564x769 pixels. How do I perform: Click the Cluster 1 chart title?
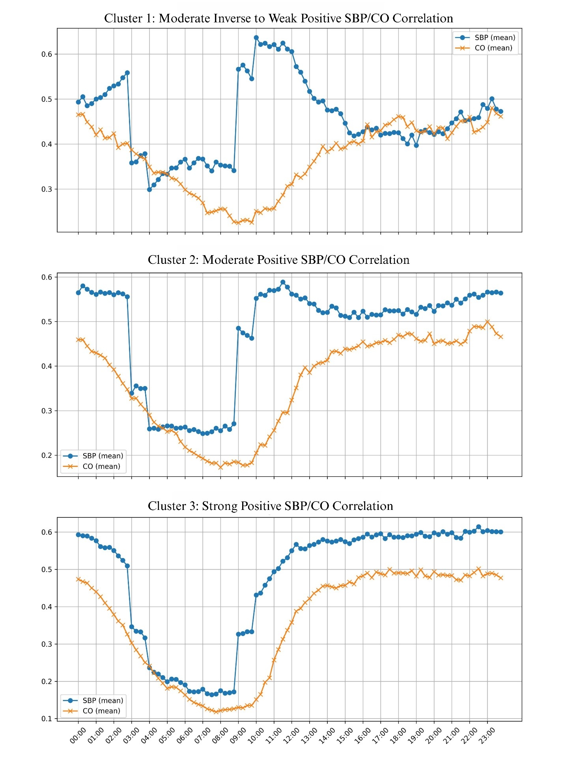coord(278,18)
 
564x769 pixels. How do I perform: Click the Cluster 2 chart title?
coord(278,260)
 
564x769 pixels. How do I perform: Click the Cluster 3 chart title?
coord(270,506)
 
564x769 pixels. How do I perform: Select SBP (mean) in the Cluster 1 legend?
coord(495,37)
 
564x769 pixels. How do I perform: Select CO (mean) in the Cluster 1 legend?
coord(493,48)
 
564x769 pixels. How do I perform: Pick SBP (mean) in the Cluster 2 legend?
coord(103,456)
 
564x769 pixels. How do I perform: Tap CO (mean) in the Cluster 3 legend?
coord(101,711)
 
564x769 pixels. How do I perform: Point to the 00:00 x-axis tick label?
coord(78,736)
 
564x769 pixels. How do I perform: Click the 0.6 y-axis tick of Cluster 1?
coord(47,54)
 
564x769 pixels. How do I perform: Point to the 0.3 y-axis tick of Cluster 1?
coord(47,189)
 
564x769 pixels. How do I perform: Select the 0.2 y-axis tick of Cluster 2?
coord(47,455)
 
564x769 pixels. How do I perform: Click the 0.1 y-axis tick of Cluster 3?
coord(47,719)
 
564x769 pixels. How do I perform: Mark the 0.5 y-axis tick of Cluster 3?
coord(47,569)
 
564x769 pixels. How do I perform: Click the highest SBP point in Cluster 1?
coord(256,37)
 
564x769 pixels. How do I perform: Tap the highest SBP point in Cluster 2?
coord(283,282)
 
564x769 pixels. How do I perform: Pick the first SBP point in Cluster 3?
coord(78,535)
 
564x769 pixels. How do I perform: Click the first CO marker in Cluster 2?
coord(78,340)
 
